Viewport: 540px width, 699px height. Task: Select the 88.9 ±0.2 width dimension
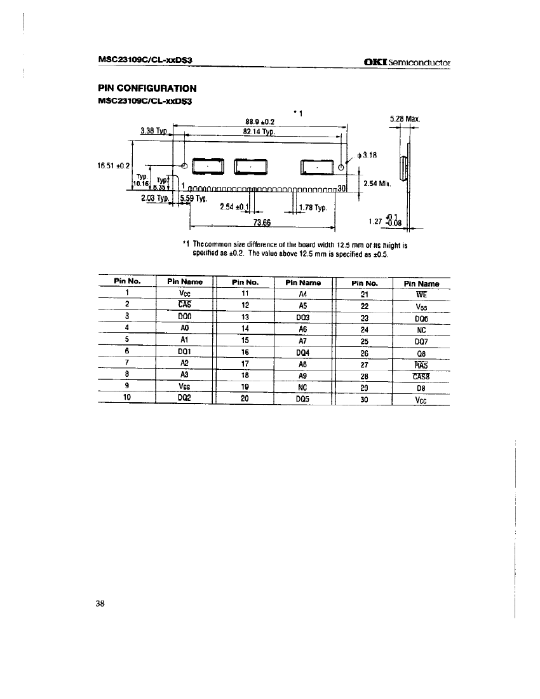tap(259, 121)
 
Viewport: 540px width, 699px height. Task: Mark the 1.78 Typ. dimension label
tap(311, 208)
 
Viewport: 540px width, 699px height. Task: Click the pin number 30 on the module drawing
tap(341, 188)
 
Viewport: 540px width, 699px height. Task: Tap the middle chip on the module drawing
tap(251, 166)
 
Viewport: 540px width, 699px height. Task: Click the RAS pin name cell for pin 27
tap(421, 365)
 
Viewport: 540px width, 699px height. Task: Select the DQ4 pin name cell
tap(302, 353)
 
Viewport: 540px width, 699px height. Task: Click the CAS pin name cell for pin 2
tap(186, 305)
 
